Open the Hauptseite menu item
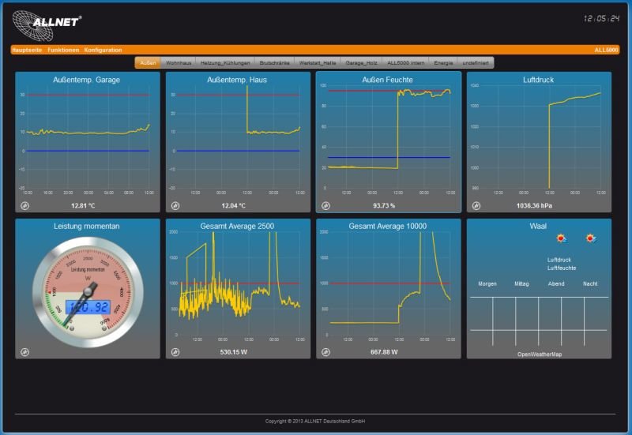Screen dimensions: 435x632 coord(28,50)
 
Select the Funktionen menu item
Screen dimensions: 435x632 coord(63,50)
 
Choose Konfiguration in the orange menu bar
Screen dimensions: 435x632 coord(103,50)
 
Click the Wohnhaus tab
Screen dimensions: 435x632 coord(179,62)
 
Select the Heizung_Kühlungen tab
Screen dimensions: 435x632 coord(225,62)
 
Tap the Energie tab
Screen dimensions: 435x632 coord(444,62)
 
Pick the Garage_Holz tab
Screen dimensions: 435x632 coord(360,62)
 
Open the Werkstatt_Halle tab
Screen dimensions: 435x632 coord(318,62)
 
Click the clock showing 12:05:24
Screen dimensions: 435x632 coord(601,17)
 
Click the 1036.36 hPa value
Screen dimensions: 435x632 coord(533,205)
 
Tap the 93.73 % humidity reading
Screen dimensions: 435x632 coord(384,205)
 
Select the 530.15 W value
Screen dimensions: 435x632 coord(233,352)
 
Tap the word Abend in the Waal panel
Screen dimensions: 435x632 coord(557,283)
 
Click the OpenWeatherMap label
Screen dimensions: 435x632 coord(540,354)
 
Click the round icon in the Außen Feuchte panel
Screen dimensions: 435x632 coord(325,206)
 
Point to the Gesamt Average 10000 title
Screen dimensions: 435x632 coord(388,227)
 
